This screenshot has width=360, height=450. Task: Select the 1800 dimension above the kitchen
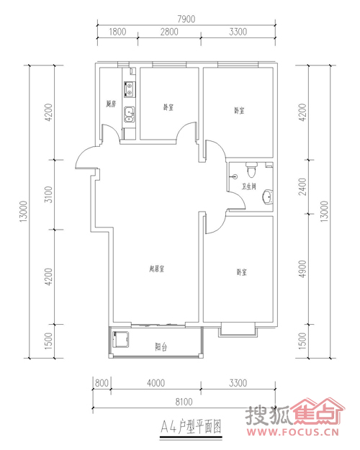coord(118,32)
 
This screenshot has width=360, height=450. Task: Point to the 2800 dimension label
coord(168,32)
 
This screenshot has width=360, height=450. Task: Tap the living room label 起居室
coord(157,269)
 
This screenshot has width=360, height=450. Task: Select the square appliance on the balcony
coord(120,341)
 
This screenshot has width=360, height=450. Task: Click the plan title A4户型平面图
coord(190,426)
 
